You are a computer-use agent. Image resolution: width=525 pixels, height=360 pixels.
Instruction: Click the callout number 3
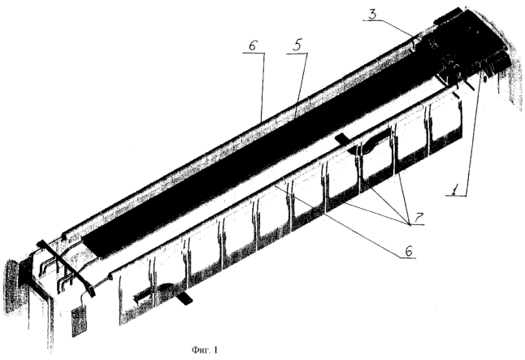pyautogui.click(x=372, y=14)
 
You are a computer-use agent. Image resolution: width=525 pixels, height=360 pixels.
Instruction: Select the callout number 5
pyautogui.click(x=297, y=46)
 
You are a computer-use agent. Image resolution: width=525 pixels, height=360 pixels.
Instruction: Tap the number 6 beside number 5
pyautogui.click(x=253, y=46)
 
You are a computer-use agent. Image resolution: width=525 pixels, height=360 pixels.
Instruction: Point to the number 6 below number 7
pyautogui.click(x=409, y=251)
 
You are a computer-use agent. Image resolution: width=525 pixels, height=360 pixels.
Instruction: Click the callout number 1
pyautogui.click(x=454, y=191)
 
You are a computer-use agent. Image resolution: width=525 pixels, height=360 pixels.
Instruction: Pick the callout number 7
pyautogui.click(x=419, y=218)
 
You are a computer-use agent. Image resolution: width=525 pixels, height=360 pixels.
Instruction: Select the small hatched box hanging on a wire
pyautogui.click(x=80, y=321)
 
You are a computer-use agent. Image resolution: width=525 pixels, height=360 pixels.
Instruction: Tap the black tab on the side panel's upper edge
pyautogui.click(x=342, y=137)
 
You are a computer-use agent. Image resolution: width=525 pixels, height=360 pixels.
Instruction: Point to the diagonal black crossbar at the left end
pyautogui.click(x=66, y=268)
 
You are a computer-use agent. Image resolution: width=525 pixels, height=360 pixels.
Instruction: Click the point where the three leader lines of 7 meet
pyautogui.click(x=410, y=224)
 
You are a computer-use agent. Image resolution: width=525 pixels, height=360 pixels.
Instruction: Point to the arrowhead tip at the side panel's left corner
pyautogui.click(x=110, y=276)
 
